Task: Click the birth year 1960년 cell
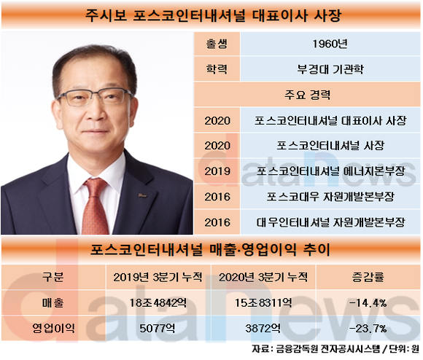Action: coord(330,44)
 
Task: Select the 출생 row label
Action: coord(217,44)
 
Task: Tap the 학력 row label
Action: coord(217,69)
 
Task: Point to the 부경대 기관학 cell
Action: coord(330,69)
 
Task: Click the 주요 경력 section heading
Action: coord(307,95)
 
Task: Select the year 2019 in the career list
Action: coord(217,171)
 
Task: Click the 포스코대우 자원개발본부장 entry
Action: coord(330,197)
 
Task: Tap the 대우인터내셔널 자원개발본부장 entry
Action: coord(330,222)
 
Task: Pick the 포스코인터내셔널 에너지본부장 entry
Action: coord(330,171)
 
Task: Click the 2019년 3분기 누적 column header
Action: coord(158,277)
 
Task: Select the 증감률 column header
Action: coord(368,277)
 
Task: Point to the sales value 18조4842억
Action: coord(158,303)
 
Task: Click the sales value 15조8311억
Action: coord(263,303)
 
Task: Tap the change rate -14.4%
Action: coord(368,303)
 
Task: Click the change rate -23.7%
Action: coord(368,329)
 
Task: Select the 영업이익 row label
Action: coord(53,328)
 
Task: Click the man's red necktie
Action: coord(96,205)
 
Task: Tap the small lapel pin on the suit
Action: coord(142,195)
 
